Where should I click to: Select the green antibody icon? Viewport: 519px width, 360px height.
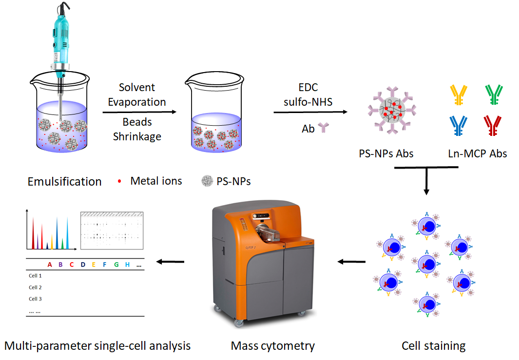[494, 95]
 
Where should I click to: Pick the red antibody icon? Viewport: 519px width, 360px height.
[494, 125]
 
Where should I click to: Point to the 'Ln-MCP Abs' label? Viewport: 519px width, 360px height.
[477, 153]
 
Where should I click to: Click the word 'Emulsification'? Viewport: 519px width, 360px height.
[65, 182]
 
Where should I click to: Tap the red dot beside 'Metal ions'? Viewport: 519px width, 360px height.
[120, 182]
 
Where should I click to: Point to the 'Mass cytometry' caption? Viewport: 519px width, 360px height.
[272, 346]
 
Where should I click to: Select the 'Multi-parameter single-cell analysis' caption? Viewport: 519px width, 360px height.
[97, 346]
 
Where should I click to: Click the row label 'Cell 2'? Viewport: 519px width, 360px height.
[35, 287]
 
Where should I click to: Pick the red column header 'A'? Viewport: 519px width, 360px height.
[50, 265]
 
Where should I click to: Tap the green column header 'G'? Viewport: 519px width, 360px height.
[116, 265]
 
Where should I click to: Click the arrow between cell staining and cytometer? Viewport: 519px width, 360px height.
[351, 262]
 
